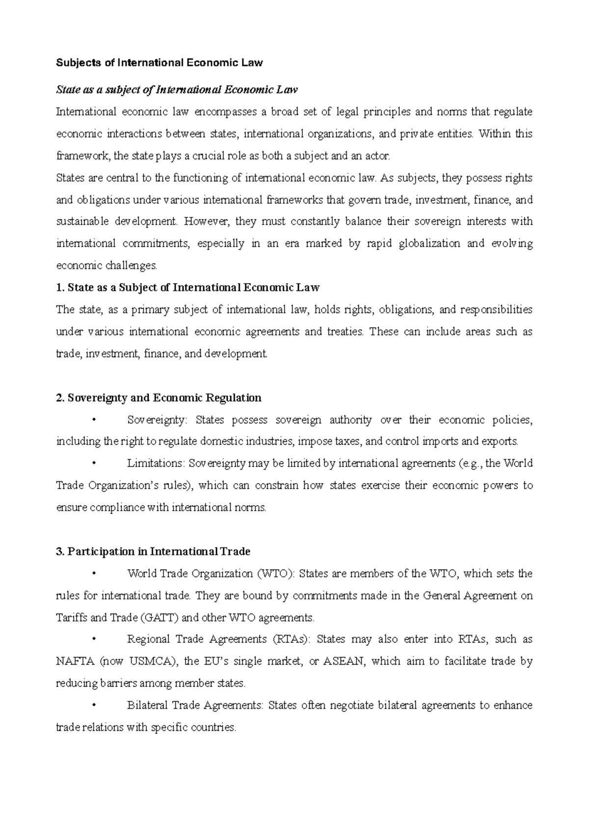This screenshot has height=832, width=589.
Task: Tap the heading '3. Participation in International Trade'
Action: click(154, 552)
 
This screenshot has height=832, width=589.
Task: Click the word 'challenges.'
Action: click(132, 266)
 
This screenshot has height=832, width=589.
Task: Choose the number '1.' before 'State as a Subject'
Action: click(60, 287)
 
